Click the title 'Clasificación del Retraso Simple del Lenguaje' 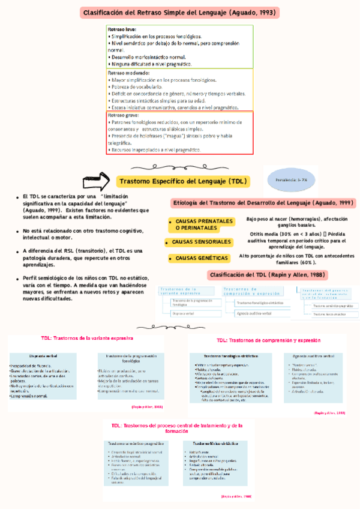(180, 12)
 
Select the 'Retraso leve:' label (122, 29)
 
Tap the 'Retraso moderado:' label (129, 73)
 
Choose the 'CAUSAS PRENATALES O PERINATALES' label (200, 224)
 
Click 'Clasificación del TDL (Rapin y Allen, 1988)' (267, 275)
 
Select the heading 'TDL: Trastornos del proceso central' (177, 411)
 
